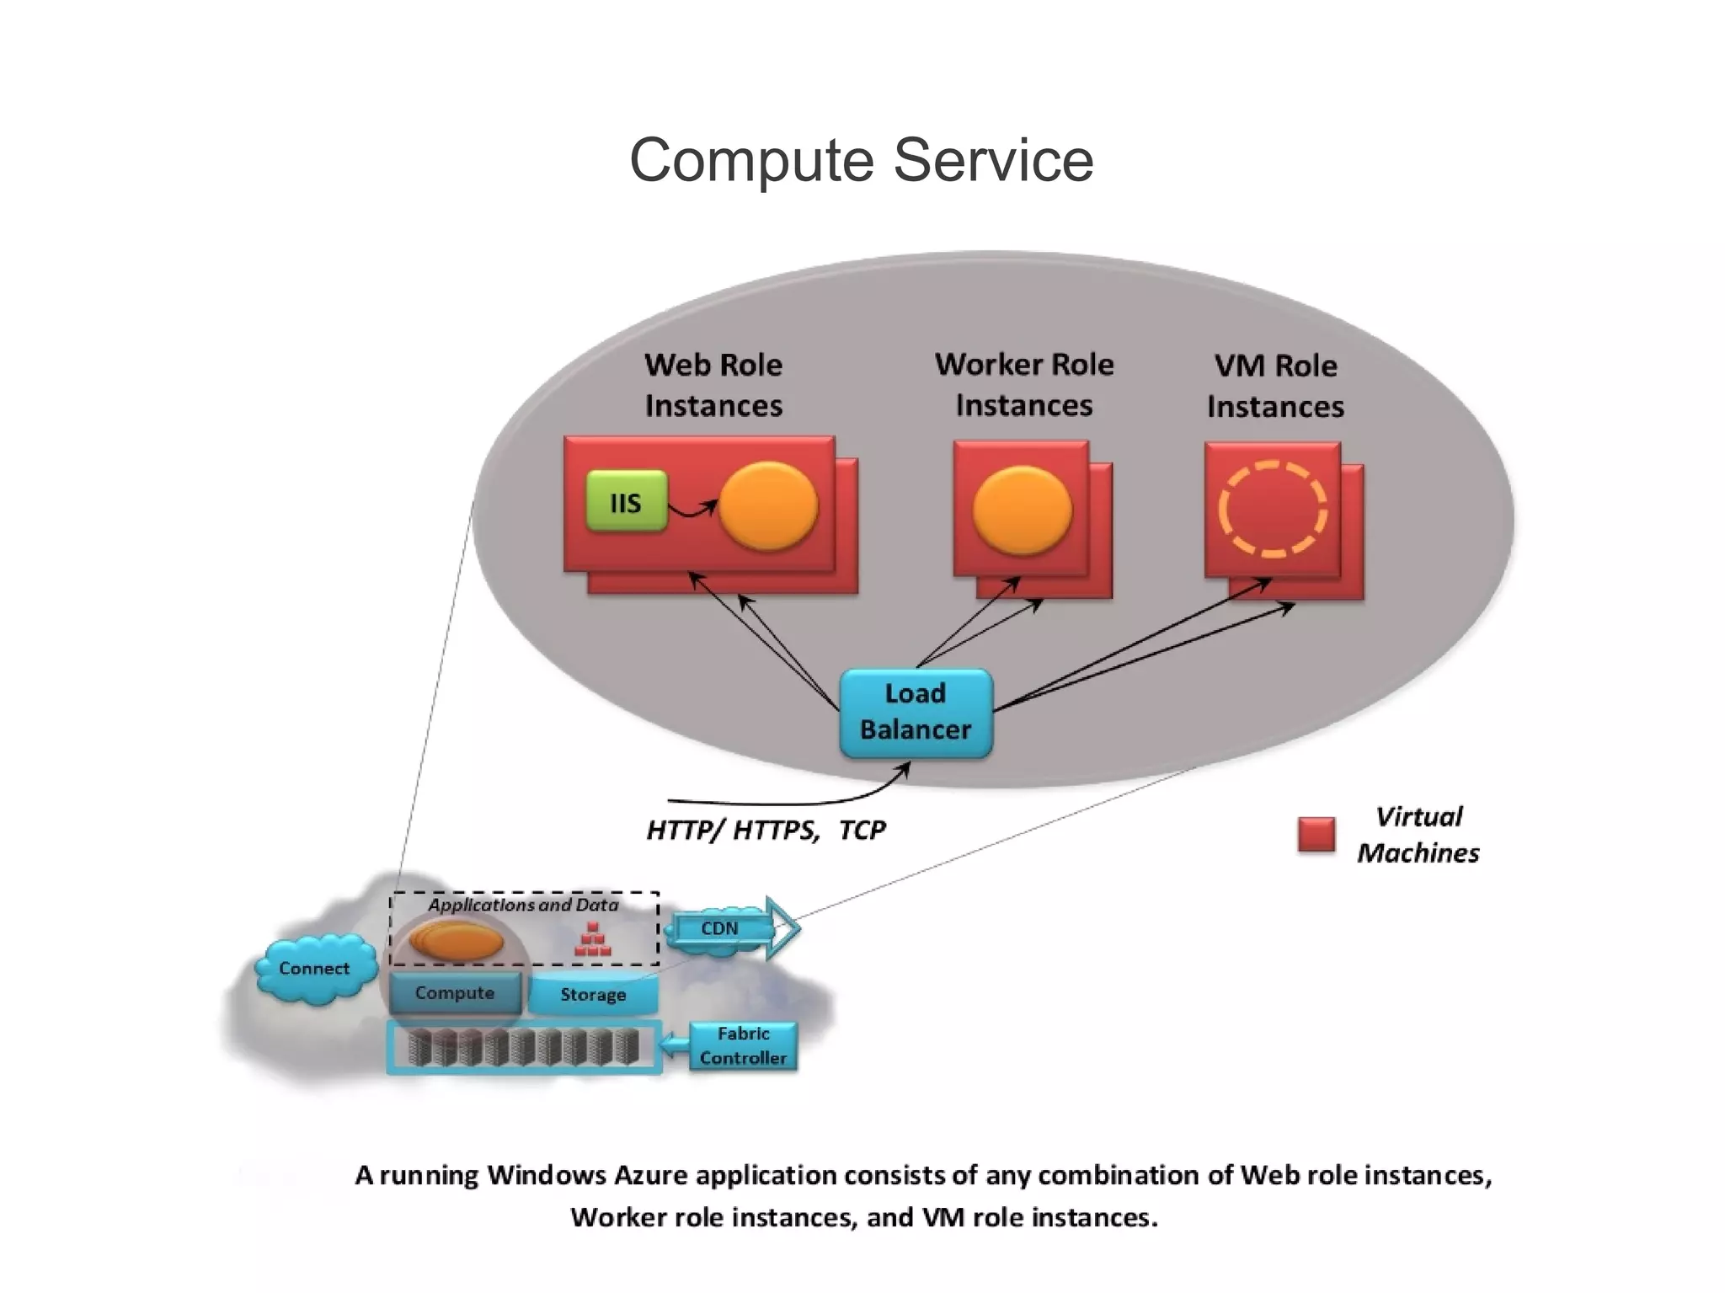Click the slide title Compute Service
pos(861,160)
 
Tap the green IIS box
pos(626,502)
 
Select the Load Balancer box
pos(916,712)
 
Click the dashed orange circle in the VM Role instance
pos(1272,509)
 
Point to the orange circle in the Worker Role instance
pos(1022,510)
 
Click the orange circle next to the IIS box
pos(767,506)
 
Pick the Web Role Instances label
pos(713,385)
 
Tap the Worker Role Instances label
pos(1023,385)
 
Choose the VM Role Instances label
pos(1274,386)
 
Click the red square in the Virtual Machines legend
pos(1316,835)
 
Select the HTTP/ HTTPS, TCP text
pos(766,831)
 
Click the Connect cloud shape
pos(314,969)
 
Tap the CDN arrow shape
pos(733,928)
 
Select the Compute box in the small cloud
pos(455,993)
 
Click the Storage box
pos(593,995)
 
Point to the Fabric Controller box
pos(743,1045)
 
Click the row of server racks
pos(523,1048)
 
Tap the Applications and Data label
pos(522,905)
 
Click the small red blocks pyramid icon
pos(592,940)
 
